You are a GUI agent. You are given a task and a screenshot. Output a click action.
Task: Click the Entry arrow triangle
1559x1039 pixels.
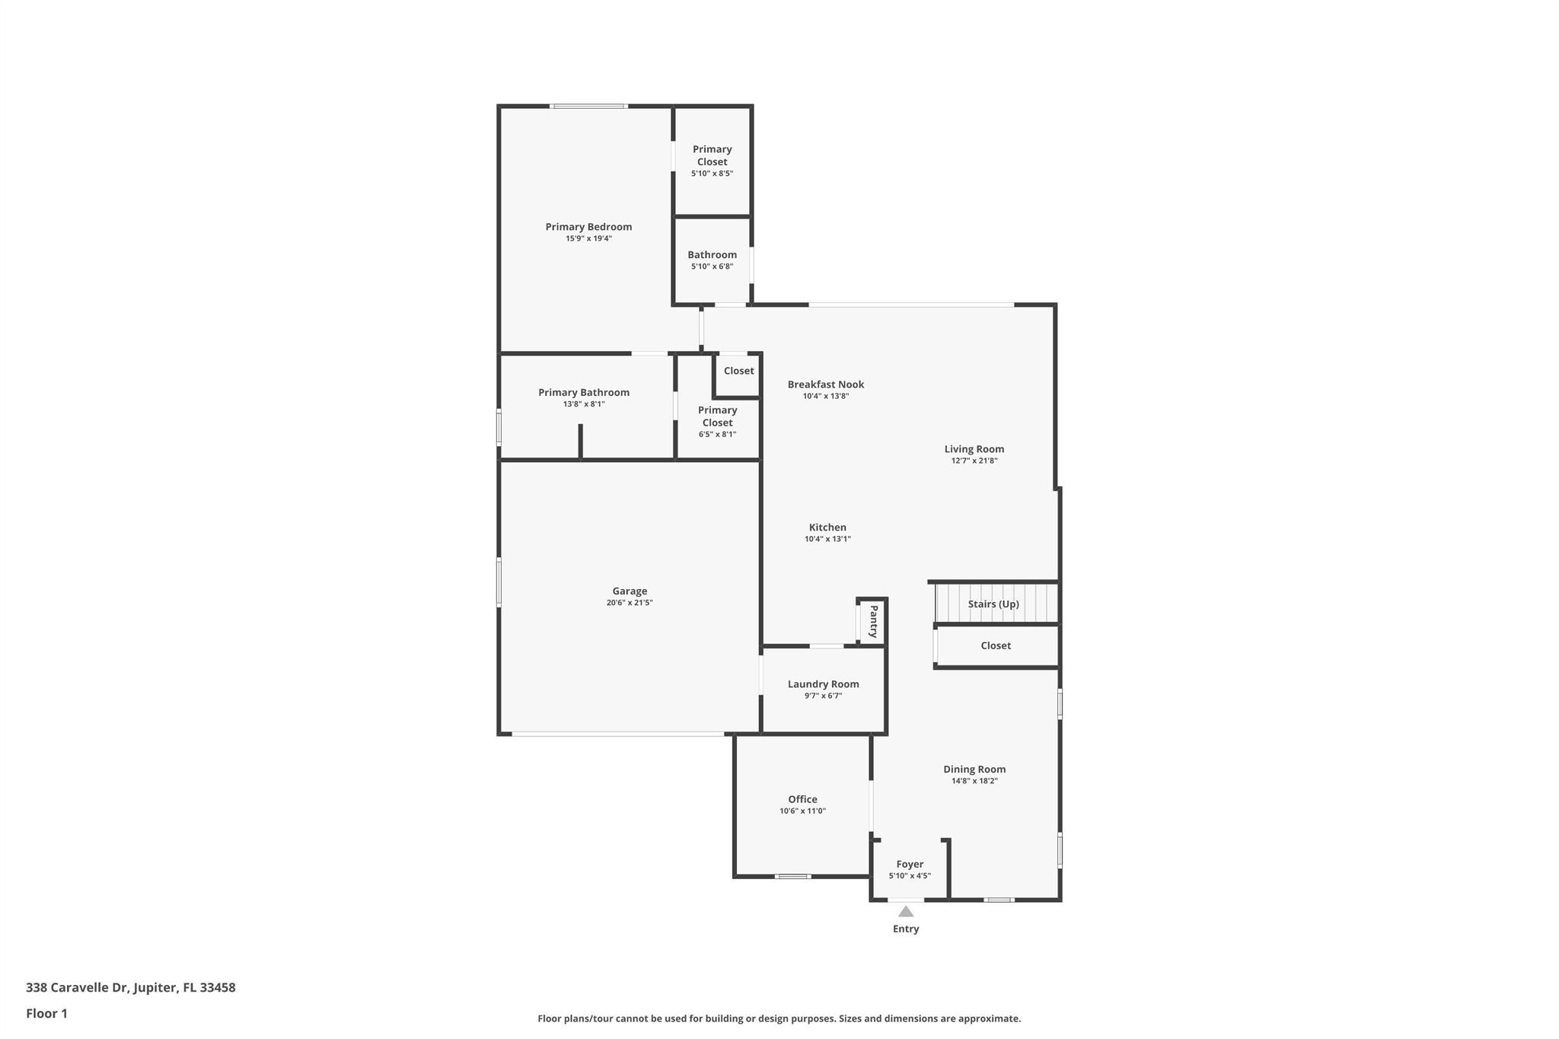(905, 911)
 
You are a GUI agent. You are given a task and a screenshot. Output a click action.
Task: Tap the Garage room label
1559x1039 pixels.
(630, 591)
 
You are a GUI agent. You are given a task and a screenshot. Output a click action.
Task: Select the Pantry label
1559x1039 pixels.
(873, 621)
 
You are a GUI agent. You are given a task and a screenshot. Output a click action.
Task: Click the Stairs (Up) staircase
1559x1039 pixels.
(993, 604)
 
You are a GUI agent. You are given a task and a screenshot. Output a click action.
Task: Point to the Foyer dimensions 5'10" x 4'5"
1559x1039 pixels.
(910, 876)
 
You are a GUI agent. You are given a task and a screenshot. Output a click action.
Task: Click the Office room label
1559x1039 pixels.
(802, 799)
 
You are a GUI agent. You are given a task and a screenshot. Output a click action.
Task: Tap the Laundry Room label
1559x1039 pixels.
(823, 684)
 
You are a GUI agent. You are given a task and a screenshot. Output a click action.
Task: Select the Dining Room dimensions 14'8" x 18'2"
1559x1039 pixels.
(974, 781)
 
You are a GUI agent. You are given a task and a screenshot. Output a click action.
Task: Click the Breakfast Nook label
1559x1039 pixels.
(825, 384)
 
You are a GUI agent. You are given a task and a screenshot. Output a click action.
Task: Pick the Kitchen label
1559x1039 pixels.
(827, 527)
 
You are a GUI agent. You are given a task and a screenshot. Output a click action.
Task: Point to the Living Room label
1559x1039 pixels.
(974, 449)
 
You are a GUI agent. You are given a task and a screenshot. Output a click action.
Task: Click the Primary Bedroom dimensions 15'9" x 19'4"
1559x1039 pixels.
(588, 239)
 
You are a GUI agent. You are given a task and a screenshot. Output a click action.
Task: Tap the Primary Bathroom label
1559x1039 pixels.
(584, 393)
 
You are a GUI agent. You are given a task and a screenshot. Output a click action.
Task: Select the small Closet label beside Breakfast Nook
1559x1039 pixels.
(738, 371)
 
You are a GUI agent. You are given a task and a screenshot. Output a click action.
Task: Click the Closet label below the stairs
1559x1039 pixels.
(996, 645)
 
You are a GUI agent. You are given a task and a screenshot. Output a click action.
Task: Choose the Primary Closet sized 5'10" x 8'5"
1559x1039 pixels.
(712, 156)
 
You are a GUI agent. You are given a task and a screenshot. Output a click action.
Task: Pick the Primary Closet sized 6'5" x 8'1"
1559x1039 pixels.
(717, 417)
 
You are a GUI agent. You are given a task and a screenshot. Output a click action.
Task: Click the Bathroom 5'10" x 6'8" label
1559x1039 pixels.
(712, 255)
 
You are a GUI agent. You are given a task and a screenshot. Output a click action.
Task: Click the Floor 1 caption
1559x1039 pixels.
(46, 1013)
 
